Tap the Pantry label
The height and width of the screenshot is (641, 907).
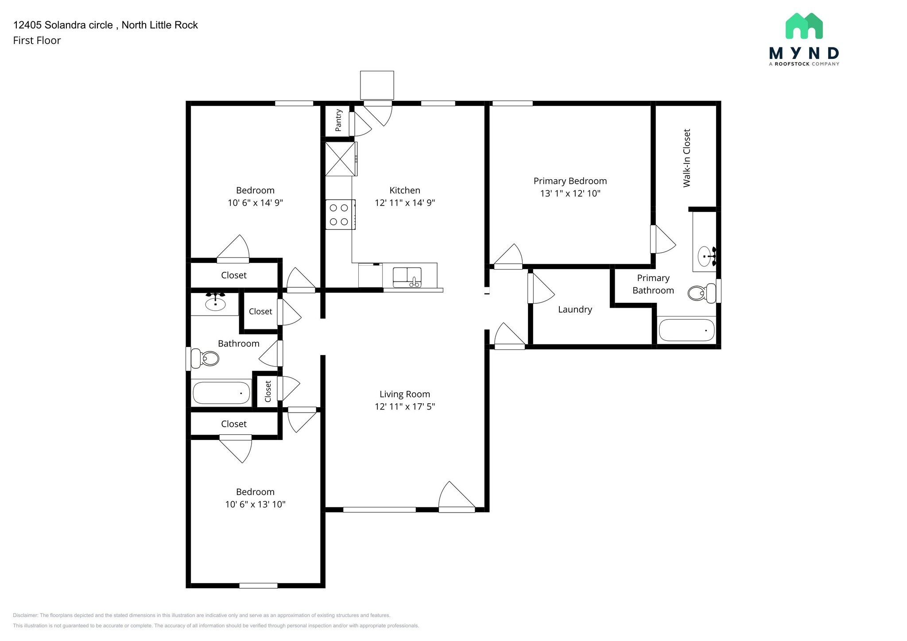click(338, 120)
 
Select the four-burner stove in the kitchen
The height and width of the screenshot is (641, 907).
click(340, 215)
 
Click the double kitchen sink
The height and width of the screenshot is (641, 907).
click(407, 277)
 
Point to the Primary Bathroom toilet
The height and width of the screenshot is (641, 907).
click(702, 293)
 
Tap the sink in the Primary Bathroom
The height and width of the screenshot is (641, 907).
click(705, 256)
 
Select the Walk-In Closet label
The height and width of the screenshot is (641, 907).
click(686, 158)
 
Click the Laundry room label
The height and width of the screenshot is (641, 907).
click(575, 309)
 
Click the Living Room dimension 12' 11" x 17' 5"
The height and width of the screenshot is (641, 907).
click(405, 406)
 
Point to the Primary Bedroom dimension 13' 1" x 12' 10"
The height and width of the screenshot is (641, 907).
click(570, 193)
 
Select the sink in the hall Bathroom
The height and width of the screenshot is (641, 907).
click(215, 303)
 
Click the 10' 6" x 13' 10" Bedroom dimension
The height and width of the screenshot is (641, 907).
click(255, 504)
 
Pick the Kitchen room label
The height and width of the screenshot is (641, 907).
click(405, 190)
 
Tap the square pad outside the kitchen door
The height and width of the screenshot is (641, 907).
click(377, 85)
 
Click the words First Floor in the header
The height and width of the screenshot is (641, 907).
click(37, 40)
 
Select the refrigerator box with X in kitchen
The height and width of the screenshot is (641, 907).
click(341, 158)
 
